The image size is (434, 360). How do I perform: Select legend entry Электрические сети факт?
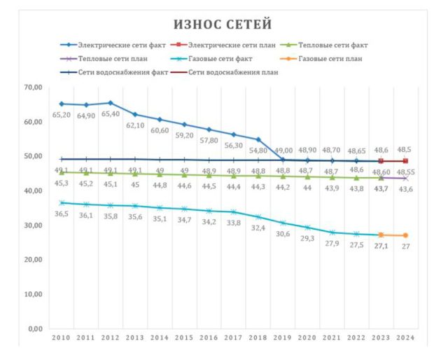112,44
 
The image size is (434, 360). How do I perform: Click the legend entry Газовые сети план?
330,58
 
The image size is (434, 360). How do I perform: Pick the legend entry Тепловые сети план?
112,58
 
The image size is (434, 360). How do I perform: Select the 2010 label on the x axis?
62,338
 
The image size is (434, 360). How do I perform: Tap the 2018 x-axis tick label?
258,338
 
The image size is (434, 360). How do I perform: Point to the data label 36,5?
62,214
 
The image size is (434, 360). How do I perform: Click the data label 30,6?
283,234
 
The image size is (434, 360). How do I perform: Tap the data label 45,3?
62,184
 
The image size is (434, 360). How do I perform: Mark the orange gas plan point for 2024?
405,235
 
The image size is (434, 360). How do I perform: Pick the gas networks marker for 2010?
62,203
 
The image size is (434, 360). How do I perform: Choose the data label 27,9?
332,243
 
